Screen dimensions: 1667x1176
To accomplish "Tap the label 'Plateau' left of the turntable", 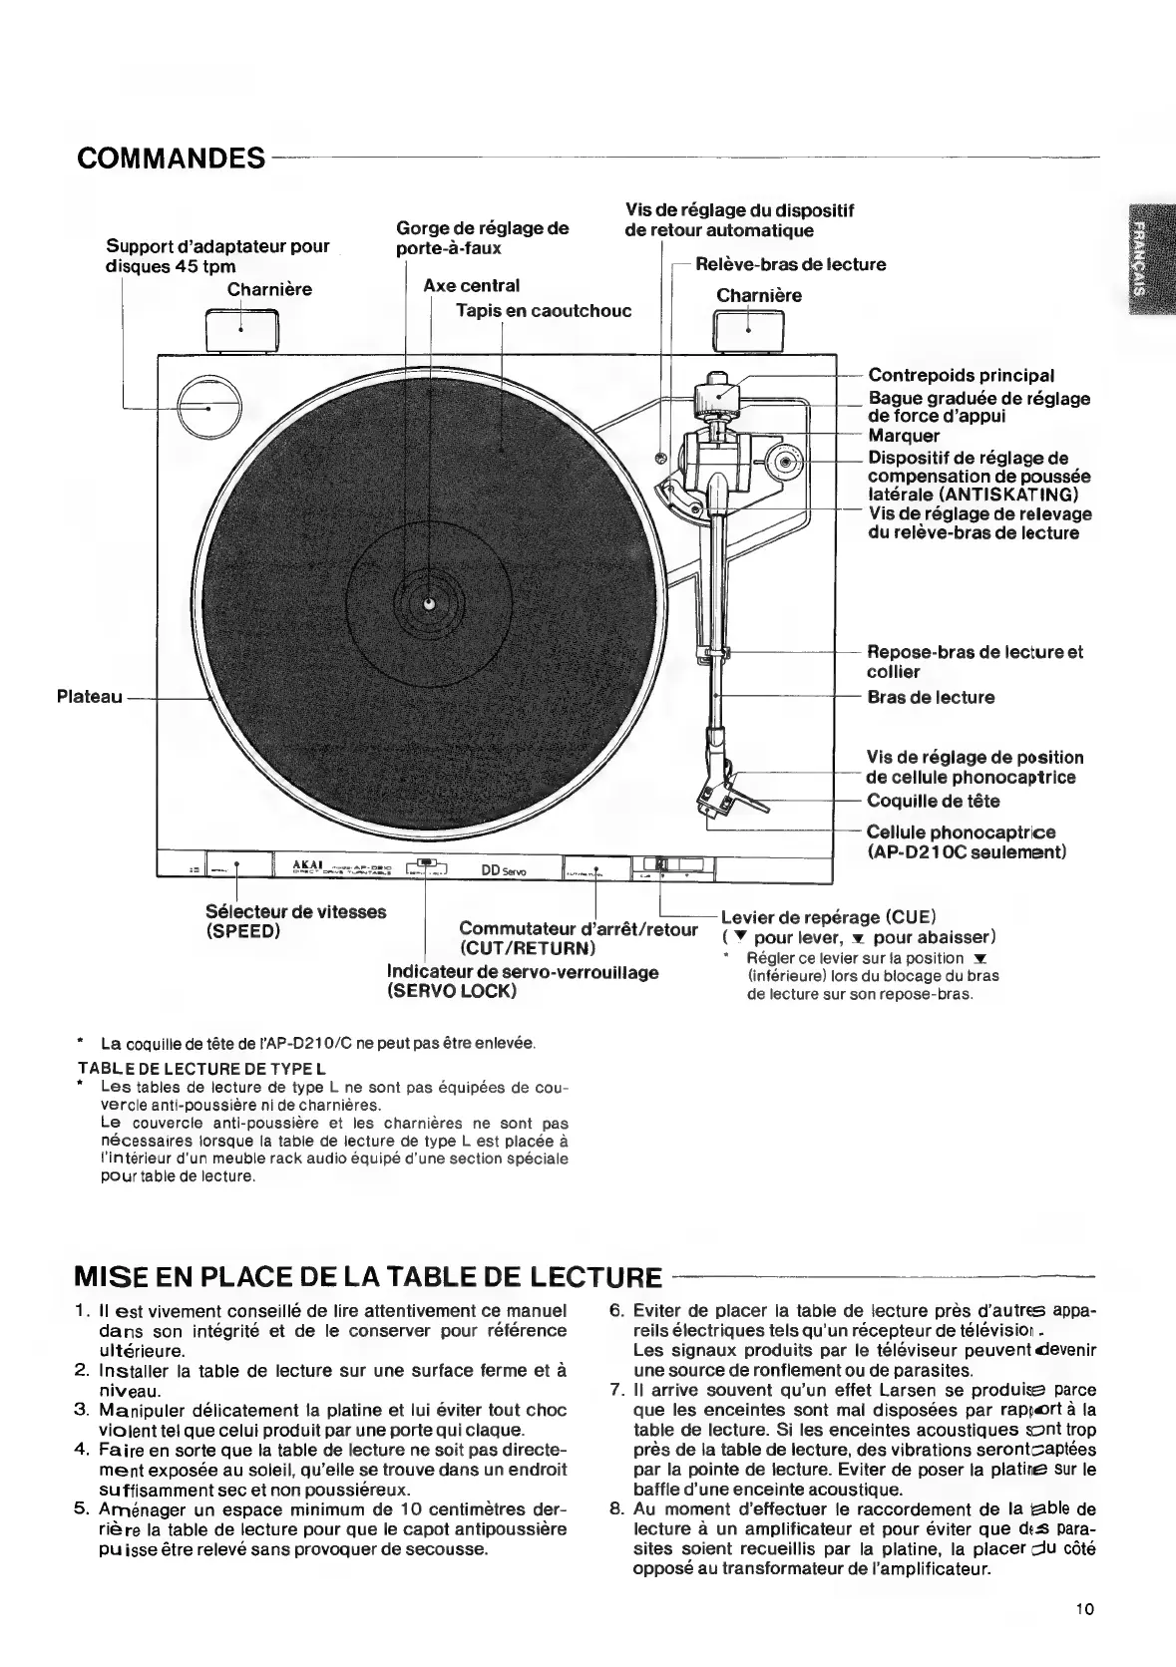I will pyautogui.click(x=90, y=697).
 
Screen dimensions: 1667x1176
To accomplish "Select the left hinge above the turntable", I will pyautogui.click(x=240, y=331).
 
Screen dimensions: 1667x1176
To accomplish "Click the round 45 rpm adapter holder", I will pyautogui.click(x=209, y=408).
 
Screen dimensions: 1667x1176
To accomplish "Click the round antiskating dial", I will pyautogui.click(x=786, y=462).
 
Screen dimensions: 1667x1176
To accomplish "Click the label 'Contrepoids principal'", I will pyautogui.click(x=961, y=376).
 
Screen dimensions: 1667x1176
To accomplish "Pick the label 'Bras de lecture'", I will pyautogui.click(x=931, y=697).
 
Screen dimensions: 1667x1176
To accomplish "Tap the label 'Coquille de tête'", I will pyautogui.click(x=933, y=801).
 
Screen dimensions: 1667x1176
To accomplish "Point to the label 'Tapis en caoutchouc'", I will pyautogui.click(x=543, y=310).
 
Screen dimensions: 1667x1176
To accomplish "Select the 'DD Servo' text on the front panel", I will pyautogui.click(x=505, y=870).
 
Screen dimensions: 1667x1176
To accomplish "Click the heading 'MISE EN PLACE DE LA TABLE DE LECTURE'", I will pyautogui.click(x=368, y=1277).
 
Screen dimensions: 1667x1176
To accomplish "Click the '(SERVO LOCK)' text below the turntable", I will pyautogui.click(x=451, y=992).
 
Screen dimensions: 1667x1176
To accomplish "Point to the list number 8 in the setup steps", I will pyautogui.click(x=615, y=1508).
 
